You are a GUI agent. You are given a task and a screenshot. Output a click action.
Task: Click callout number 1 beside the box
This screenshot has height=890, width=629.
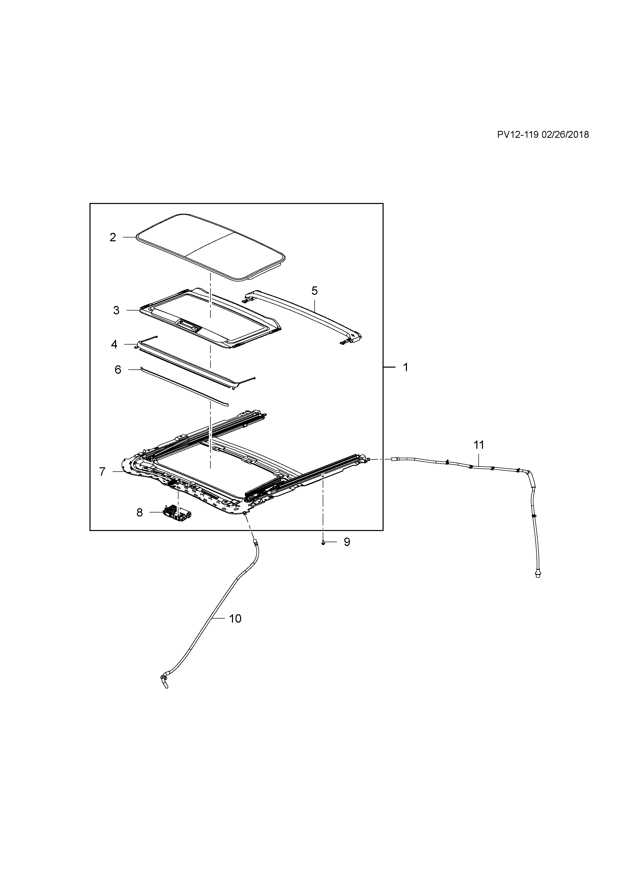(x=406, y=367)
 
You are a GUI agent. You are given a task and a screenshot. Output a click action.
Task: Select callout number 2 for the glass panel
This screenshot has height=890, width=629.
(x=113, y=237)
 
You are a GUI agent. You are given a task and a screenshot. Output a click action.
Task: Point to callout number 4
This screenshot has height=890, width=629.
(x=114, y=344)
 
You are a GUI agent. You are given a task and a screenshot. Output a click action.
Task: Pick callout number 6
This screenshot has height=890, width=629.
(x=118, y=370)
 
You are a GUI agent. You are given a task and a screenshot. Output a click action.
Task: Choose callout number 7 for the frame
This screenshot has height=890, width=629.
(x=102, y=472)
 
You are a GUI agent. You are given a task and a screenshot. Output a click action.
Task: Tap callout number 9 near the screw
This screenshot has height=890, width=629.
(x=347, y=542)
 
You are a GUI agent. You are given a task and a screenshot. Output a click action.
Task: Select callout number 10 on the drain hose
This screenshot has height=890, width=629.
(x=235, y=619)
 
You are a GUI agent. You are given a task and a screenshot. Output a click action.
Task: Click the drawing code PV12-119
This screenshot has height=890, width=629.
(x=518, y=134)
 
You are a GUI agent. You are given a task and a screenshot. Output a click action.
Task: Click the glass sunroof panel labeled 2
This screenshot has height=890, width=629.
(x=211, y=246)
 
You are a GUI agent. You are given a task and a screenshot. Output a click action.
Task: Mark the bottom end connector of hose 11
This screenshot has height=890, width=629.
(x=537, y=584)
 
